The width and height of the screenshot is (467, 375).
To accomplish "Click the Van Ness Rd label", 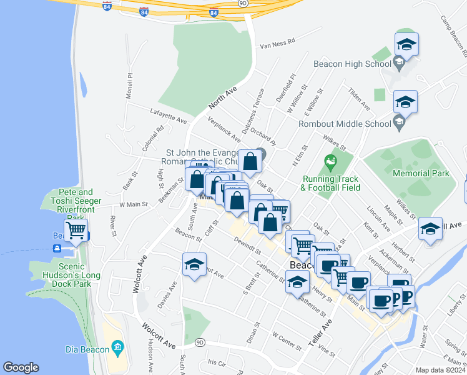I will click(277, 46).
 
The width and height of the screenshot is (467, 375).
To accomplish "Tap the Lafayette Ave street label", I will click(169, 116).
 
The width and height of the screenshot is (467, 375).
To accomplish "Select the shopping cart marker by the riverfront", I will click(76, 229).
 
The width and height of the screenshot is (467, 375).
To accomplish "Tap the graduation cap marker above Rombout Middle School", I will click(405, 102).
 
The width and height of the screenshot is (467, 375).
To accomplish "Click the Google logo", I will click(21, 367).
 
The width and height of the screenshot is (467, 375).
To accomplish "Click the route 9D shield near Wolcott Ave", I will click(200, 342).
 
